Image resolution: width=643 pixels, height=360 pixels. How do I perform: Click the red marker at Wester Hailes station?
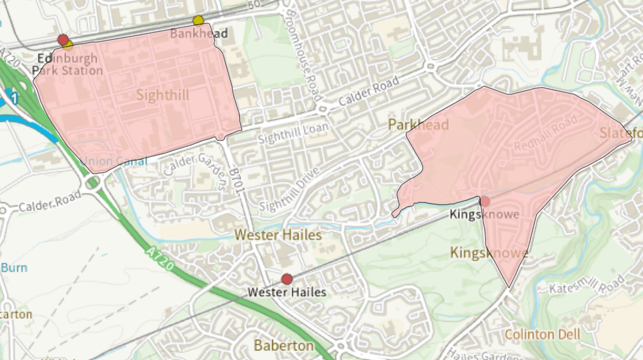click(x=287, y=279)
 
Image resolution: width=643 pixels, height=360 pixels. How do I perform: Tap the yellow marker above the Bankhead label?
click(x=198, y=21)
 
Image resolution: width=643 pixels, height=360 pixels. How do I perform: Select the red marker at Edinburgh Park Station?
click(x=63, y=40)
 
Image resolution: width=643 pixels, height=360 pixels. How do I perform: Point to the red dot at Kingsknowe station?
click(x=485, y=201)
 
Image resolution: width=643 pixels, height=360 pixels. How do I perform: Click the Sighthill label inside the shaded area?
click(x=163, y=95)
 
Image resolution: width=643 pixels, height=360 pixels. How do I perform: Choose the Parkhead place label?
click(x=418, y=124)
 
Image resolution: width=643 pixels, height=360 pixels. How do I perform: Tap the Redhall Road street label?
click(x=546, y=133)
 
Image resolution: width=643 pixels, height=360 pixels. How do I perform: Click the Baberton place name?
click(x=284, y=345)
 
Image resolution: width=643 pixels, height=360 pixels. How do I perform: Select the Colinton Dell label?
click(x=542, y=334)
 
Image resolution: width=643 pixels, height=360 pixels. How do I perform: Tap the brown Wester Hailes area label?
click(x=278, y=234)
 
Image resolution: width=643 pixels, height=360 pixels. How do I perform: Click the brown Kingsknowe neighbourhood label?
click(x=489, y=253)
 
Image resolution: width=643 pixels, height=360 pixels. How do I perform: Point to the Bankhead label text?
click(x=199, y=34)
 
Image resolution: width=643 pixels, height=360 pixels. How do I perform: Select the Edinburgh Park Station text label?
click(x=67, y=64)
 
